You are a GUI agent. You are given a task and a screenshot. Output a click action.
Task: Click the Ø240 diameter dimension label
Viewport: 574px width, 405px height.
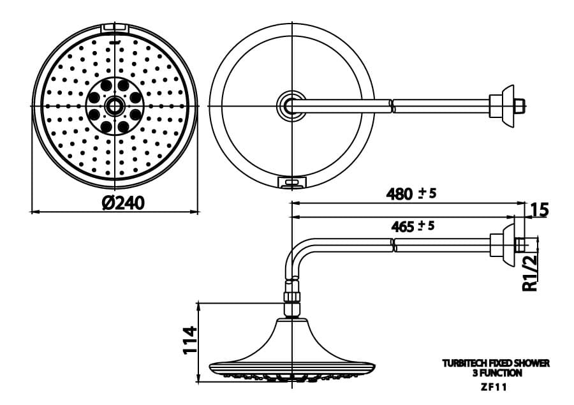coord(123,203)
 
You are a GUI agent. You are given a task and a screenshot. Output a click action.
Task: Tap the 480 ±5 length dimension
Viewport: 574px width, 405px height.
coord(411,194)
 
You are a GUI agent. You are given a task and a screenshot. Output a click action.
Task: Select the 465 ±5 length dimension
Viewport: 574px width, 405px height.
coord(411,226)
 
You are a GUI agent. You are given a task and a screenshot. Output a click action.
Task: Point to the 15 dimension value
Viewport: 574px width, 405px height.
coord(539,209)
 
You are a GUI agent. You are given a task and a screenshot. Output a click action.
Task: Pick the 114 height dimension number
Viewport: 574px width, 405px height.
coord(189,341)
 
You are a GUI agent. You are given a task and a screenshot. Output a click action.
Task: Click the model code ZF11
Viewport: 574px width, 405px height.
coord(496,385)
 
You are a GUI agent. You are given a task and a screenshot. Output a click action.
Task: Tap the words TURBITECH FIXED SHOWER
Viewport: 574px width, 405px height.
coord(496,364)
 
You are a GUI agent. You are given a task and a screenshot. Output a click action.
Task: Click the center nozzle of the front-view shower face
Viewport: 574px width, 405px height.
coord(115,106)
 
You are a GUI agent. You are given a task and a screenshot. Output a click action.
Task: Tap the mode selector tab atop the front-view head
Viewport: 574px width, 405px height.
coord(115,29)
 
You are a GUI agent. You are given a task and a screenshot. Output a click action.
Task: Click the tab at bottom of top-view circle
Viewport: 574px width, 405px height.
coord(291,183)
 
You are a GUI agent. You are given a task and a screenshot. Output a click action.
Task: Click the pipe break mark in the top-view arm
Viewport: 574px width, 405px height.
coord(392,105)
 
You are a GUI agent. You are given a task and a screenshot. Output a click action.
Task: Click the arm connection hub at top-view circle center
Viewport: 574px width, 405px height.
coord(291,105)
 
